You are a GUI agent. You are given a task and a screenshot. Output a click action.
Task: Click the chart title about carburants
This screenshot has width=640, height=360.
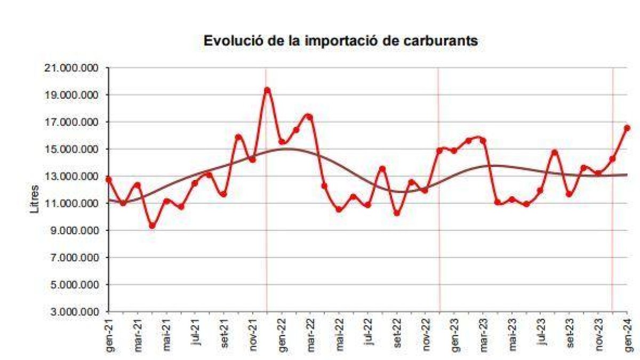[x=341, y=42]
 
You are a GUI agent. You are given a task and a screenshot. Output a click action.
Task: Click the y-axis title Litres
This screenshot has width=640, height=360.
[x=35, y=198]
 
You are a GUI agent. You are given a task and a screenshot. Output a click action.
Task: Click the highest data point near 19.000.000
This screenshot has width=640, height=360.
[x=267, y=90]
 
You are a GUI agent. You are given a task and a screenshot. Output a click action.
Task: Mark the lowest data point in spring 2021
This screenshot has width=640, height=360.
[x=152, y=226]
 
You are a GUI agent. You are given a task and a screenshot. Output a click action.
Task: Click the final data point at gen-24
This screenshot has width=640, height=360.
[x=627, y=127]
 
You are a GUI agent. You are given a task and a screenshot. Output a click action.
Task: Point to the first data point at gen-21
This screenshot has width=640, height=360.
[x=109, y=180]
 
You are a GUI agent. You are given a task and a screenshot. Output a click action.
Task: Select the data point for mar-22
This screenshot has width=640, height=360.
[x=310, y=117]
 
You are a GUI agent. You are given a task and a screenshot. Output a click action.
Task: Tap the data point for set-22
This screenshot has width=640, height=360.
[x=397, y=213]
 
